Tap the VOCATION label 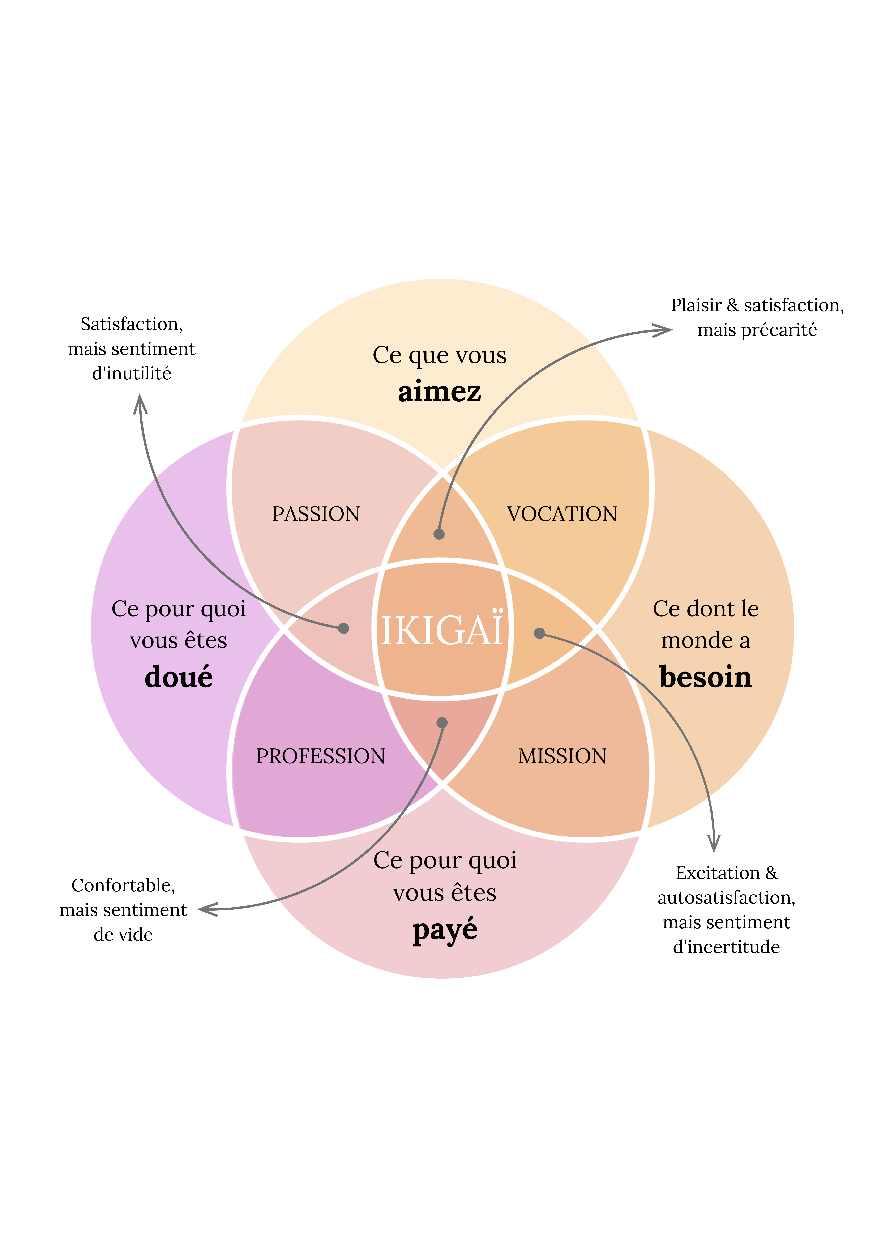(x=562, y=514)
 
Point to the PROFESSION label (x=321, y=756)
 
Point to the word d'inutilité (x=132, y=373)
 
